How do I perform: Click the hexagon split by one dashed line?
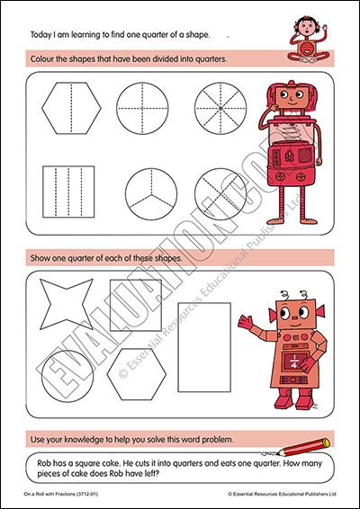(71, 108)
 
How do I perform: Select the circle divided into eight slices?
(220, 108)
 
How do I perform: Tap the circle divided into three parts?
(151, 193)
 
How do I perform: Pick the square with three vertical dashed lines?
(68, 192)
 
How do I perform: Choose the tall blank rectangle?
(204, 347)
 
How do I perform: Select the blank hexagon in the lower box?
(137, 374)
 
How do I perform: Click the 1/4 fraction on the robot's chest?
(293, 361)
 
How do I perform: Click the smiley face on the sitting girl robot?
(305, 48)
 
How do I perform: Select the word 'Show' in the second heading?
(39, 258)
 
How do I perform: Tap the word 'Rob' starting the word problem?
(43, 463)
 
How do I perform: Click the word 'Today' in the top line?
(40, 35)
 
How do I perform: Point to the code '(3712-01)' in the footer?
(86, 494)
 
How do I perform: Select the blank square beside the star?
(136, 305)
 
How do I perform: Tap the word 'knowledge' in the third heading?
(81, 440)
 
